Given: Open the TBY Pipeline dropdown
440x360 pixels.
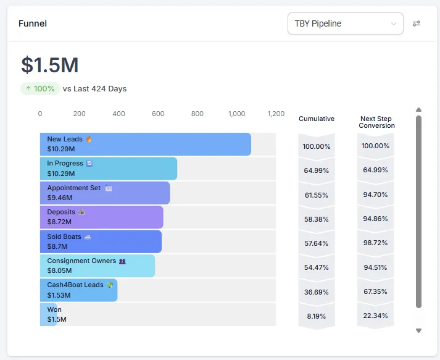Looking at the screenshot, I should (x=345, y=23).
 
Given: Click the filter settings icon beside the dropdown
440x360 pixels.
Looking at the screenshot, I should (x=417, y=23).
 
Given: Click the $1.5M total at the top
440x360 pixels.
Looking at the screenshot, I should (x=50, y=65).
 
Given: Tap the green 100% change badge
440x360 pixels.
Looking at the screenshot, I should (x=40, y=88).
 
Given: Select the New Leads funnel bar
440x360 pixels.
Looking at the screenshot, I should (x=145, y=144).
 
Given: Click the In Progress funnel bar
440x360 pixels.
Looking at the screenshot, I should (x=109, y=168).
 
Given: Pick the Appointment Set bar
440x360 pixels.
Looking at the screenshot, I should (x=105, y=193).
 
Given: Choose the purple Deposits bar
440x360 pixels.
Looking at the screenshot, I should (x=101, y=217).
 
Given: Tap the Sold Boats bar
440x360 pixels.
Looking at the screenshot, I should (x=101, y=241).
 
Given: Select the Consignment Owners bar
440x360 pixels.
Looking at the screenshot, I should (x=98, y=266).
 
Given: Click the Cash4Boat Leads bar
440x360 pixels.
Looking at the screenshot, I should (x=78, y=290).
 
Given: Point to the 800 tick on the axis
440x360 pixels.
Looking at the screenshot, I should (x=197, y=114).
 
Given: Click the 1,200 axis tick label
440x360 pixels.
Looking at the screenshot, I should (x=276, y=114).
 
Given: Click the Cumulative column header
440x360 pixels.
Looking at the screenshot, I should (x=317, y=119).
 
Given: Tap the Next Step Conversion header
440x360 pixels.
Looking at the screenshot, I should (x=376, y=122).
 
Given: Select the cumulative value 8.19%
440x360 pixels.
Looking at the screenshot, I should (x=317, y=316).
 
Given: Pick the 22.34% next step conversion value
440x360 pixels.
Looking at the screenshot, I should (x=376, y=316).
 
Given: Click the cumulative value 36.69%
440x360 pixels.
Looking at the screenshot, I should (x=317, y=291).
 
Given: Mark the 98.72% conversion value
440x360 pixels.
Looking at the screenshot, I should (x=376, y=243).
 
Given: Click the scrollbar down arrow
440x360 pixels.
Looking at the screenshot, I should (x=418, y=331).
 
